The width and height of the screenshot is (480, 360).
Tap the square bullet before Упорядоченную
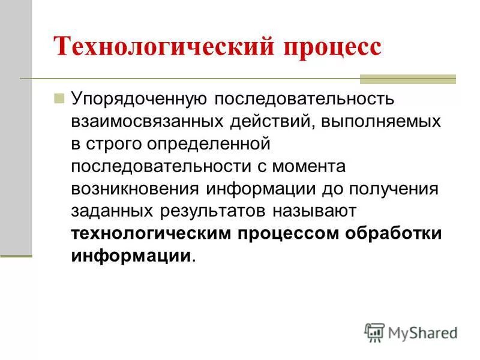pyautogui.click(x=59, y=98)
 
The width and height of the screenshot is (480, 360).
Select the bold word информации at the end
pyautogui.click(x=131, y=256)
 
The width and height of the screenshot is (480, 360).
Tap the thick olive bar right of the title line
pyautogui.click(x=407, y=79)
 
